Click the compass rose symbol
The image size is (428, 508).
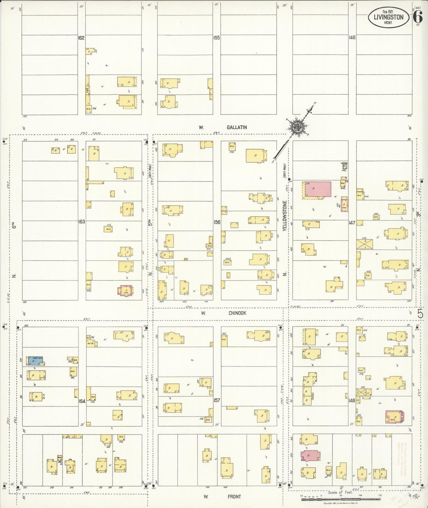296,127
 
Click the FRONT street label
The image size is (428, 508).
234,496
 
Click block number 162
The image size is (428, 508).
81,38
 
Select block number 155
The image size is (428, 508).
217,38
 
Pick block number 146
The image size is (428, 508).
352,38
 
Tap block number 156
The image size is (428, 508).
217,222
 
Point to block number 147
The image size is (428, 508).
352,222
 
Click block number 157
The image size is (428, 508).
217,400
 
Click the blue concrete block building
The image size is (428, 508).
36,360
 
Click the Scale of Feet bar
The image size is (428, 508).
341,499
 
